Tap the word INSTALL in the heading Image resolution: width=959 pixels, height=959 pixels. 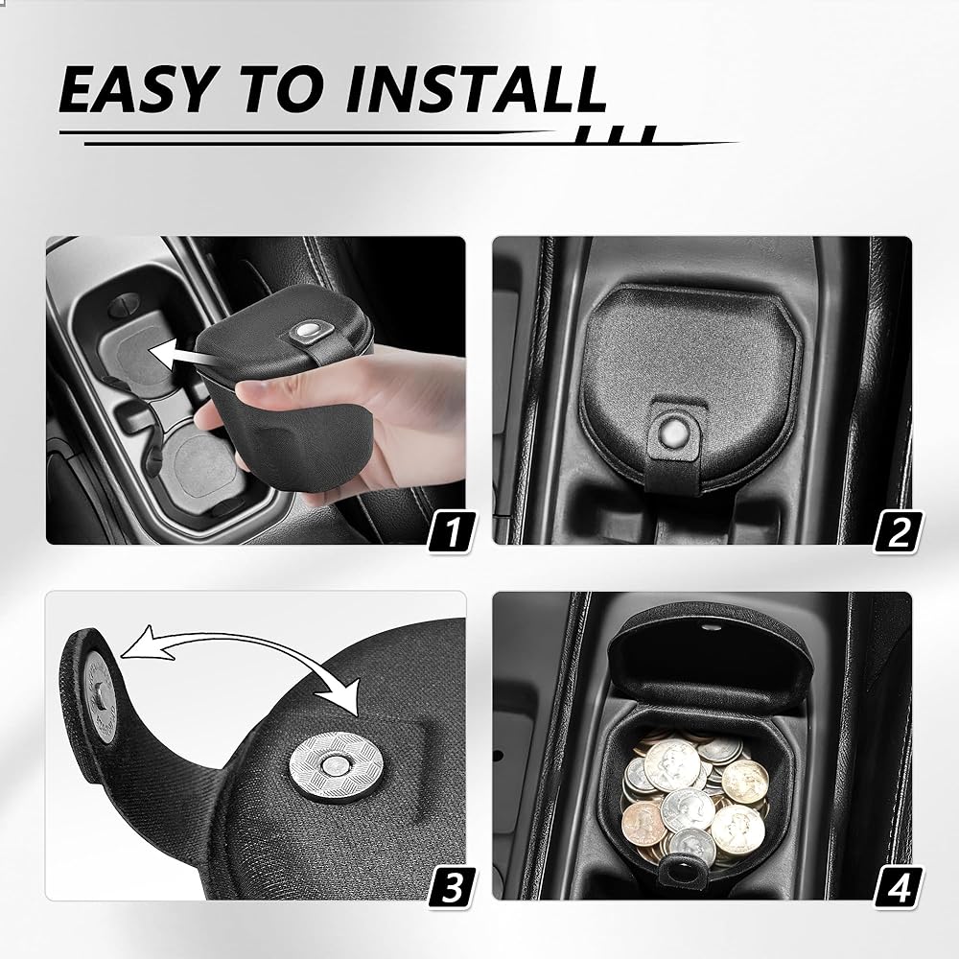(476, 89)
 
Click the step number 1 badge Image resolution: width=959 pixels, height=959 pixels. (452, 532)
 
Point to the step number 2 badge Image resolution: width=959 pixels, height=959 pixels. (899, 532)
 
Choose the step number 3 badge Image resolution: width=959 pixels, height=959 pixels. (452, 888)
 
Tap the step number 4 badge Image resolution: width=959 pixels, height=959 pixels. (899, 888)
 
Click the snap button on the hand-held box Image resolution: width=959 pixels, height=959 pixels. (308, 332)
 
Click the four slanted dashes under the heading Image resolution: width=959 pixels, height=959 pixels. (617, 134)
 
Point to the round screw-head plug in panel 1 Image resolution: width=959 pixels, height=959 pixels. (124, 304)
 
